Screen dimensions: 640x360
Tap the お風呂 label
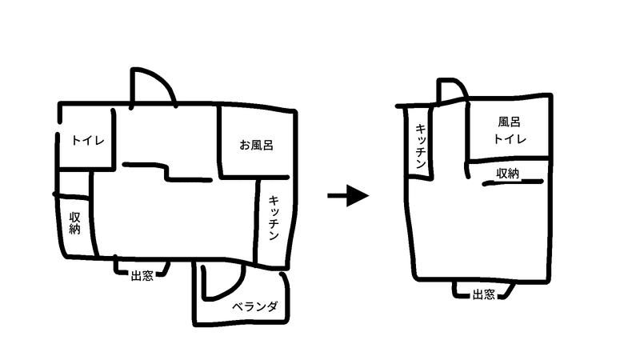pos(257,146)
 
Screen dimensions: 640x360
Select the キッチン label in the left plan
pos(274,219)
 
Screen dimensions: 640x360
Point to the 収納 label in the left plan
pos(74,222)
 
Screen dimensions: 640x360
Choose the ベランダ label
pos(254,307)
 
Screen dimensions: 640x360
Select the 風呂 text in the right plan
pos(510,122)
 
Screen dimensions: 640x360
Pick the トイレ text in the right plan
pos(510,139)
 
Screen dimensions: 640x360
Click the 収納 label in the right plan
pos(509,173)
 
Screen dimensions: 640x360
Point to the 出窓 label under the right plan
pos(482,294)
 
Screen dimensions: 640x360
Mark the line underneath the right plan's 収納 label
pos(512,183)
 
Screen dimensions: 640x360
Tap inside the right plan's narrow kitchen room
pos(420,160)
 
